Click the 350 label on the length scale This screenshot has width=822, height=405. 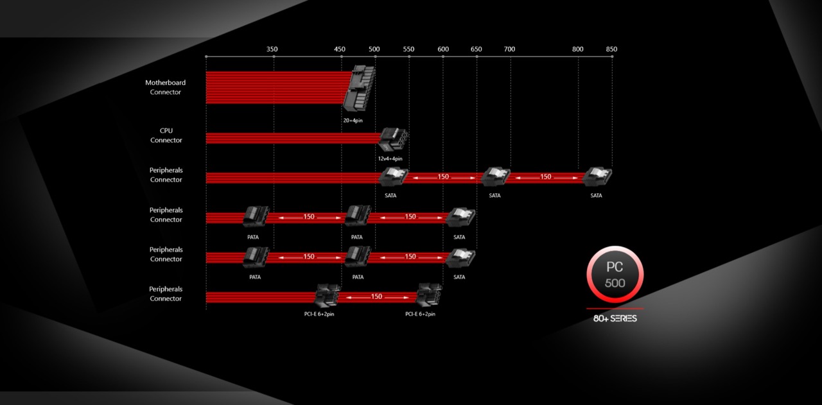[x=272, y=49]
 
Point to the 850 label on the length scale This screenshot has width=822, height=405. [x=611, y=49]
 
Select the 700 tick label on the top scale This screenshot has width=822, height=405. [x=509, y=49]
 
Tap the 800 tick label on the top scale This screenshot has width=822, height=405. [x=578, y=49]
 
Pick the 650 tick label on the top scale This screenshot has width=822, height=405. [x=476, y=49]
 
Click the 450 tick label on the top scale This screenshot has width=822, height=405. [x=340, y=49]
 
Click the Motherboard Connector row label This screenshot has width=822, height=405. [x=166, y=87]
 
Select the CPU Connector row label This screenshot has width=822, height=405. [x=166, y=135]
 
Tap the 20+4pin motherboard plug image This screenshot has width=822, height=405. [x=360, y=89]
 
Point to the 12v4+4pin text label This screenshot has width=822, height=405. [x=390, y=159]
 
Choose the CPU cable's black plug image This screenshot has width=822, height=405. [x=393, y=139]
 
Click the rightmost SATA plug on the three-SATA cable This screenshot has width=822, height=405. [x=598, y=177]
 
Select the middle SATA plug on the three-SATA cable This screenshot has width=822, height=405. [x=495, y=177]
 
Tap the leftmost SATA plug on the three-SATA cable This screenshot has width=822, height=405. [x=393, y=177]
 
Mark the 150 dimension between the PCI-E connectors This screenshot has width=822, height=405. [x=376, y=297]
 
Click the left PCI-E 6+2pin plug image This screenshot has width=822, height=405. [x=327, y=297]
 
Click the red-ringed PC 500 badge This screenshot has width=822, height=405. [x=615, y=275]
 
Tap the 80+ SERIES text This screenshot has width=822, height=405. [x=615, y=318]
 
